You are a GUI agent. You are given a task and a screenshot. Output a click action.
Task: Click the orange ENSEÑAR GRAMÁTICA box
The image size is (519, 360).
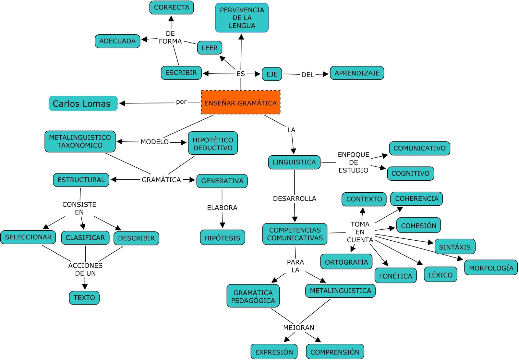pos(240,102)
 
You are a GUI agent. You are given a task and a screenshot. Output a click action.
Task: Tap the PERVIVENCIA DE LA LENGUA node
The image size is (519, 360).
pos(242,18)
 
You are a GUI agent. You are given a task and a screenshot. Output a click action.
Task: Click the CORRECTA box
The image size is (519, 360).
pos(171,7)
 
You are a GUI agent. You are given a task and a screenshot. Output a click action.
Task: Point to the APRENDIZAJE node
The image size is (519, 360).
pos(357,73)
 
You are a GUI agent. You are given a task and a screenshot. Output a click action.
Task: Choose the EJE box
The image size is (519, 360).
pos(272,74)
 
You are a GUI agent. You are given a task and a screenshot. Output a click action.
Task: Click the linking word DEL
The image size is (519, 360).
pos(307,75)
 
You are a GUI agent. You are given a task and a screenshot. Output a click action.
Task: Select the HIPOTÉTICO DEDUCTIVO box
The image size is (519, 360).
pos(213,143)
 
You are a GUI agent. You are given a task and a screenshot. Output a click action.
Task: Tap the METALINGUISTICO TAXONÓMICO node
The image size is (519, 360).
pos(80,141)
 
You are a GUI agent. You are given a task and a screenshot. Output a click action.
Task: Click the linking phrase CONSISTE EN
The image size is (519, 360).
pos(79,208)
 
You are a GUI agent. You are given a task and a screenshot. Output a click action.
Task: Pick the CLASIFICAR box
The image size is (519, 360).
pos(85,238)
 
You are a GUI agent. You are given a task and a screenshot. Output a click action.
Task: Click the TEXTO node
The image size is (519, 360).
pos(84,298)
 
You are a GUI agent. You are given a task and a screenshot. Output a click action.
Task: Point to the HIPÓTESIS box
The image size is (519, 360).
pos(222,238)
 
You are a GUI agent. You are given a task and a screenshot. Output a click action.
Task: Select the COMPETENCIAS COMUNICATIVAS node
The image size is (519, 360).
pos(295,234)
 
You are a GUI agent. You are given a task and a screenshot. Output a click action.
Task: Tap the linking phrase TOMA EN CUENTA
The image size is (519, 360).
pos(360,232)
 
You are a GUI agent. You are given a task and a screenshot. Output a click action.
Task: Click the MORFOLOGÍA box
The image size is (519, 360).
pos(491,268)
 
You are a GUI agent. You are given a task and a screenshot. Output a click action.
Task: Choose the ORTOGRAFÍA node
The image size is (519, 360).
pos(346,262)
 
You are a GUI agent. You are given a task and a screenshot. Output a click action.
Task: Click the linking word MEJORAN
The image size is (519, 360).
pos(298,328)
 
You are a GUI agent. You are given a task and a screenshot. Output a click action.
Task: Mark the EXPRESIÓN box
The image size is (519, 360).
pos(274,352)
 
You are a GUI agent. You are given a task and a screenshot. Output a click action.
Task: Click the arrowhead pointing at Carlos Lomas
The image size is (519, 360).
pos(122,103)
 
